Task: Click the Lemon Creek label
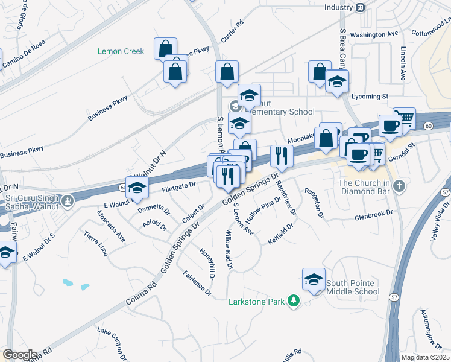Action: [x=121, y=51]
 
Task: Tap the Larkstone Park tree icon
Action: [x=293, y=300]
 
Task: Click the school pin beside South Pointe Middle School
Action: [x=314, y=279]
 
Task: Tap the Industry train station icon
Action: [x=361, y=7]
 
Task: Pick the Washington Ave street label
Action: [x=374, y=35]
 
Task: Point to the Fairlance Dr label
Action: [x=198, y=282]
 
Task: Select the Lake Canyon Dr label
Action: [x=113, y=340]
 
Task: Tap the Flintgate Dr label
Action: [x=179, y=187]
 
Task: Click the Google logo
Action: [x=20, y=354]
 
